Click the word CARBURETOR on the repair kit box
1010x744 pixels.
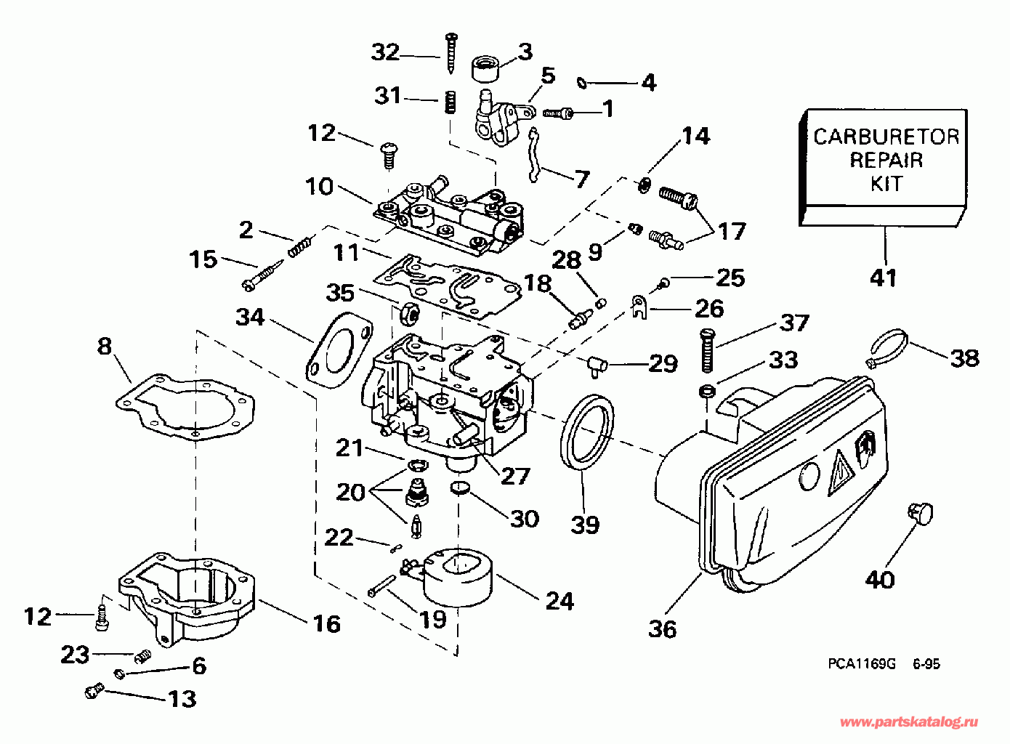pyautogui.click(x=886, y=137)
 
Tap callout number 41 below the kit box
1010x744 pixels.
pyautogui.click(x=884, y=278)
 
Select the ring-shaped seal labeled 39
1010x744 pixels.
pyautogui.click(x=587, y=434)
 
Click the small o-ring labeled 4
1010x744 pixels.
pyautogui.click(x=582, y=83)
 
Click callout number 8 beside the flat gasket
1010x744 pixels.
pyautogui.click(x=105, y=346)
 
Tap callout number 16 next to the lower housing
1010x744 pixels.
pyautogui.click(x=326, y=623)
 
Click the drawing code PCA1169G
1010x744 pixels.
pyautogui.click(x=861, y=663)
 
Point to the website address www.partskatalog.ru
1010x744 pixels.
pyautogui.click(x=908, y=721)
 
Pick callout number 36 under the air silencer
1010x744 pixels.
pyautogui.click(x=662, y=628)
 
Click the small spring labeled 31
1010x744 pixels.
pyautogui.click(x=451, y=102)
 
